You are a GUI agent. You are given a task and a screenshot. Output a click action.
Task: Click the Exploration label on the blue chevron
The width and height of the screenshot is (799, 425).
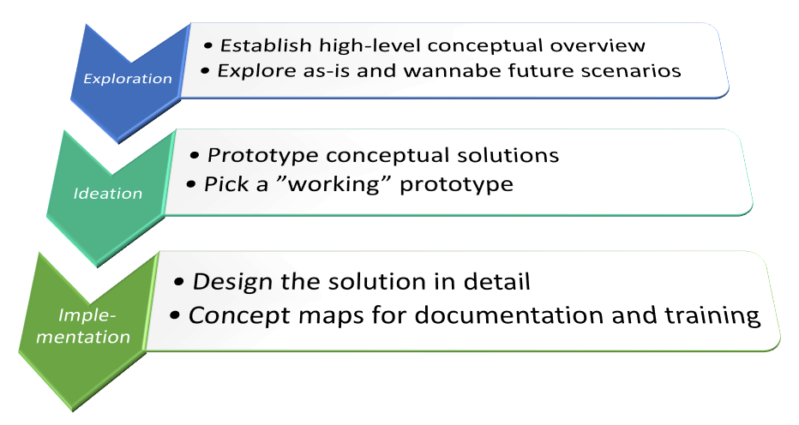(x=128, y=79)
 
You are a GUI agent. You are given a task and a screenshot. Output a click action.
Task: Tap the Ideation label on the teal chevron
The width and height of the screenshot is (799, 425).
(x=107, y=193)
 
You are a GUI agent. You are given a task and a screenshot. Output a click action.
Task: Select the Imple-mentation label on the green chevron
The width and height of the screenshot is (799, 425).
(x=83, y=326)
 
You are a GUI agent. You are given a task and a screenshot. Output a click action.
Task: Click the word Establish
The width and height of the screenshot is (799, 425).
(x=266, y=45)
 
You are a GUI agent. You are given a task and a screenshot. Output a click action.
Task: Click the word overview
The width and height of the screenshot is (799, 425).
(x=598, y=46)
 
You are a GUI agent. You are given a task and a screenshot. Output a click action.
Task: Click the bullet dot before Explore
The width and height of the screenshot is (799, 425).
(x=205, y=71)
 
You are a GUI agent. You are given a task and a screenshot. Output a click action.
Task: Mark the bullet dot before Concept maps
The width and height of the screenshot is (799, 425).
(x=175, y=316)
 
